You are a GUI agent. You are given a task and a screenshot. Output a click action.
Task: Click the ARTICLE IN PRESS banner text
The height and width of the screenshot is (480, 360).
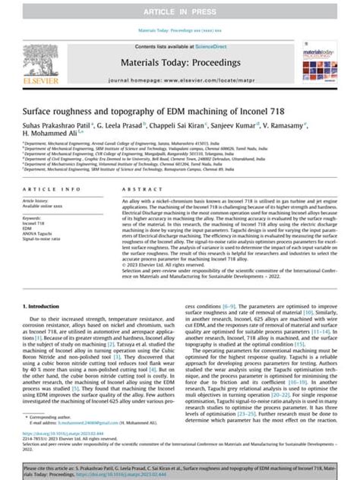coord(180,13)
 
